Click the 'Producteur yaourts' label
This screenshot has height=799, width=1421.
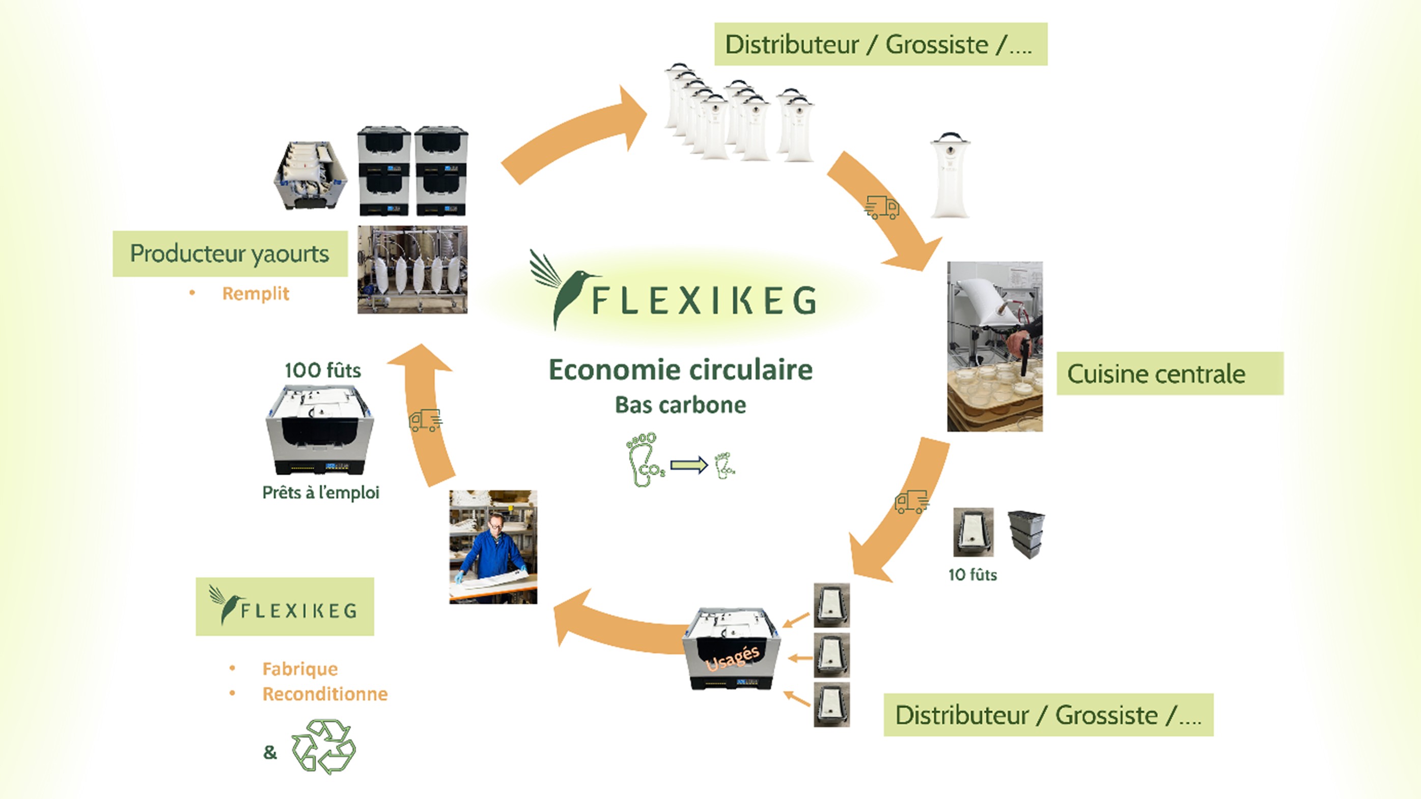point(230,253)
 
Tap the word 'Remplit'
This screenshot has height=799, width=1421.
point(256,293)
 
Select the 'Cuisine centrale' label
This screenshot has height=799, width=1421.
point(1156,374)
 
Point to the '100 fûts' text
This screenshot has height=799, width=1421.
point(323,370)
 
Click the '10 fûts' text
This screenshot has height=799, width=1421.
point(972,575)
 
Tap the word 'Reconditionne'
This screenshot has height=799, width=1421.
point(325,694)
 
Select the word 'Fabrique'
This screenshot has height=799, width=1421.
point(300,669)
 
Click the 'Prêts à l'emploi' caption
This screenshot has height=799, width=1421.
point(320,493)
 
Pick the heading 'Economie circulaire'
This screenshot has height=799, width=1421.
point(680,369)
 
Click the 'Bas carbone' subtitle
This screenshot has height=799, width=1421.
point(680,405)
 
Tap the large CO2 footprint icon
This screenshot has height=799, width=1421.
point(644,460)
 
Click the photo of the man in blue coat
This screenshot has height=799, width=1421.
point(493,547)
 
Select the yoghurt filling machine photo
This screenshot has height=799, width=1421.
point(412,270)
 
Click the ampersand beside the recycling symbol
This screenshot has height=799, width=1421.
point(270,752)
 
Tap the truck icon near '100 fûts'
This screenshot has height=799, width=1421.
point(425,420)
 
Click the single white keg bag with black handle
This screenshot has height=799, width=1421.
point(950,177)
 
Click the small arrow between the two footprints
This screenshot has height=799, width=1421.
point(689,465)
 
